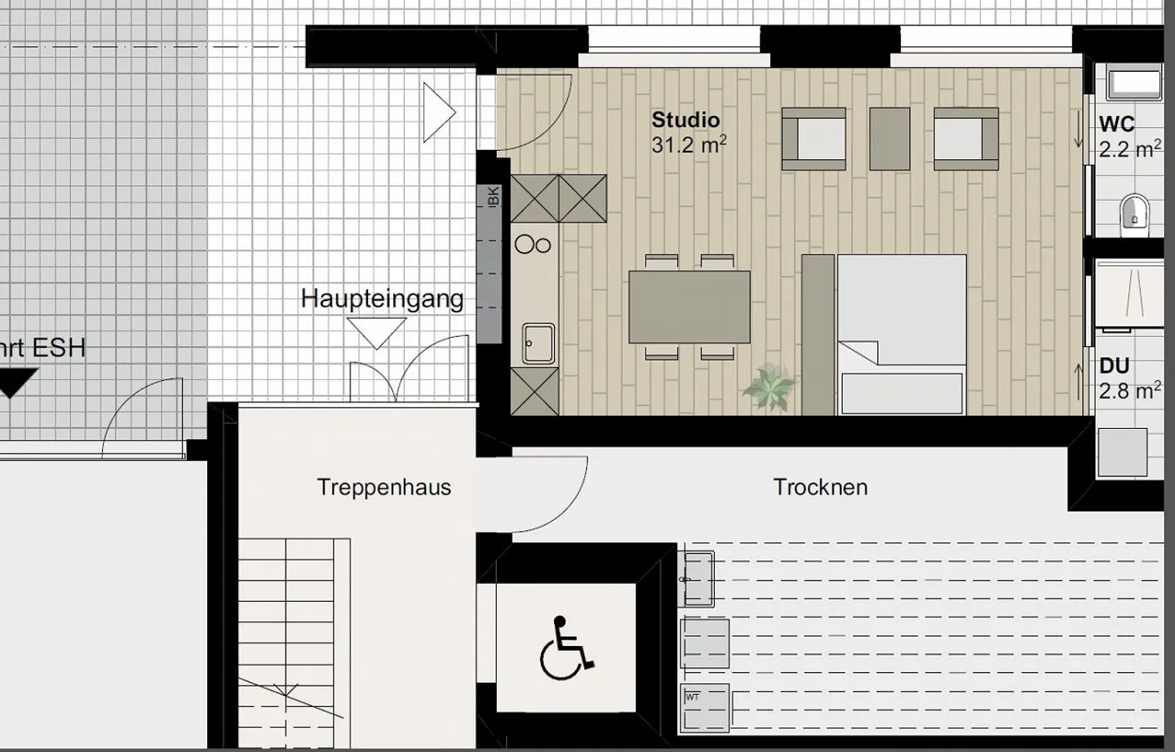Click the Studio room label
click(685, 120)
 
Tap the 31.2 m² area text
click(688, 145)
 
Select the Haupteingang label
click(382, 299)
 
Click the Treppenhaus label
click(384, 488)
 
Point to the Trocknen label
click(820, 488)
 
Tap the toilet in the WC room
click(1134, 211)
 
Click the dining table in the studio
click(689, 307)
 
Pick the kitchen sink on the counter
click(539, 343)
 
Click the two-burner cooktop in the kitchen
click(534, 243)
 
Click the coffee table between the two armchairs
click(889, 139)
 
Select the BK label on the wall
click(492, 197)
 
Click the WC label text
click(1116, 125)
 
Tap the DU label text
click(1114, 366)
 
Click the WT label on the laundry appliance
click(693, 697)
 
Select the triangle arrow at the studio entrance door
click(437, 112)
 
